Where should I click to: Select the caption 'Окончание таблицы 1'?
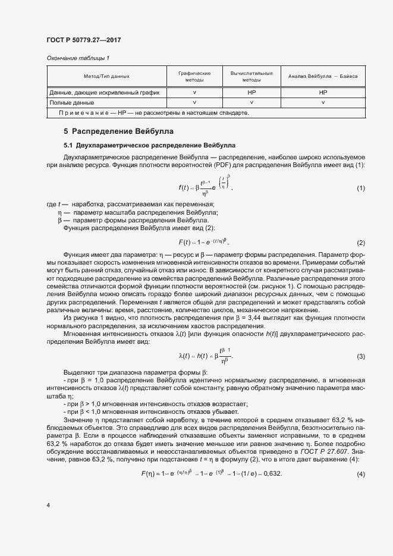(78, 58)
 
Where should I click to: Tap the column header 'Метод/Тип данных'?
(106, 76)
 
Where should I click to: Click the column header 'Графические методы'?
(194, 76)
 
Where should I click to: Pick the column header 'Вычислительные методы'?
(251, 76)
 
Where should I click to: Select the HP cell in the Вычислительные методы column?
(251, 93)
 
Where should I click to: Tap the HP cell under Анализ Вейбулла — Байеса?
(323, 93)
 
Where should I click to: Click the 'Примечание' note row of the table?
(154, 112)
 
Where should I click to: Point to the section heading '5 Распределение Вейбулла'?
(118, 131)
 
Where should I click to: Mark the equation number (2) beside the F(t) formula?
(360, 243)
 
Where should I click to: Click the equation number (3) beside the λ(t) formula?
(360, 356)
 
